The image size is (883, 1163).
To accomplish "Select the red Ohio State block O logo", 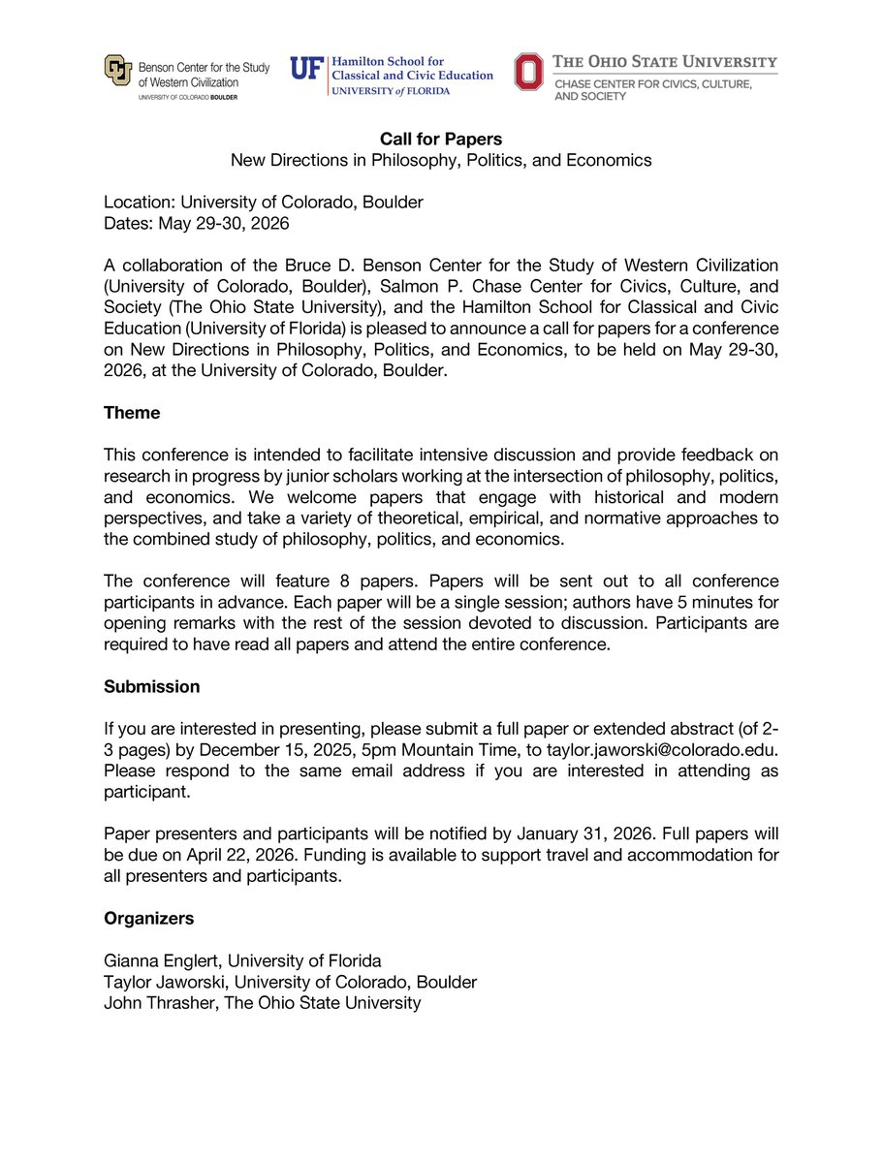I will coord(529,72).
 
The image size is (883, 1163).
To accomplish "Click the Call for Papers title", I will coord(441,141).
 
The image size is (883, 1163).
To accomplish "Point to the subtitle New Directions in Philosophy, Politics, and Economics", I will coord(441,160).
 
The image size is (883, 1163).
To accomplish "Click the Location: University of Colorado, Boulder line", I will coord(264,203).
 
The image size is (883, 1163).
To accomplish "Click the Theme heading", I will coord(132,413).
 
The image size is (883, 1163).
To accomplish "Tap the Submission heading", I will coord(151,687).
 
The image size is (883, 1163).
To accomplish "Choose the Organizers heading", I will coord(149,918).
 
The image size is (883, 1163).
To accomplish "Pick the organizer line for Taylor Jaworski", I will coord(290,982).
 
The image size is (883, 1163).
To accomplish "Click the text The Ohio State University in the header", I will coord(665,62).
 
